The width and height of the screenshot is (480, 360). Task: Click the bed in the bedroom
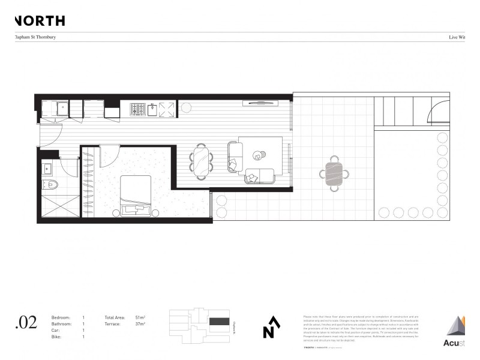coord(137,195)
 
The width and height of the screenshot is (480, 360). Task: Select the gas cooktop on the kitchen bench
coord(138,109)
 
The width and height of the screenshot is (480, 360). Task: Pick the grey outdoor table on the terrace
coord(334,174)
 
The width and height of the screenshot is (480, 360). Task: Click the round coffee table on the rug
coord(259,155)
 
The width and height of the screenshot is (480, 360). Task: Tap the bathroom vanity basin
coord(49,168)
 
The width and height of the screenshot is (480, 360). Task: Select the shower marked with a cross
coord(59,206)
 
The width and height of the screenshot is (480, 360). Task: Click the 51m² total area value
coord(140,317)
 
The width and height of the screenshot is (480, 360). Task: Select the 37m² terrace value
coord(140,324)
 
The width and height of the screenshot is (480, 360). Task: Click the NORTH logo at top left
coord(39,21)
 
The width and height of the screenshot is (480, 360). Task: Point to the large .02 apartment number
coord(26,323)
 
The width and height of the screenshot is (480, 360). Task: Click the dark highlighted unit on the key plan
coord(220,322)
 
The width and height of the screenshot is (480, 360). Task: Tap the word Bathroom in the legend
coord(61,324)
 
